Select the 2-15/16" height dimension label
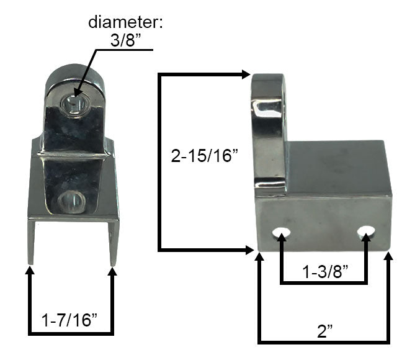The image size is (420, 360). [x=205, y=156]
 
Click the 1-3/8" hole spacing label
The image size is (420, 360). [x=323, y=271]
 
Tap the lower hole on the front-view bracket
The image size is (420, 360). [x=73, y=201]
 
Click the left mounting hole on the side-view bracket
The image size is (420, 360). [x=282, y=235]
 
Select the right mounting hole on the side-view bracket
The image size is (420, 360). [x=366, y=234]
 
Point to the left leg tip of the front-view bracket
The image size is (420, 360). [x=30, y=261]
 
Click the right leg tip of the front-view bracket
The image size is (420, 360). [x=113, y=261]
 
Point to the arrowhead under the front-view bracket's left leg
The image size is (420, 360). [x=30, y=272]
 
